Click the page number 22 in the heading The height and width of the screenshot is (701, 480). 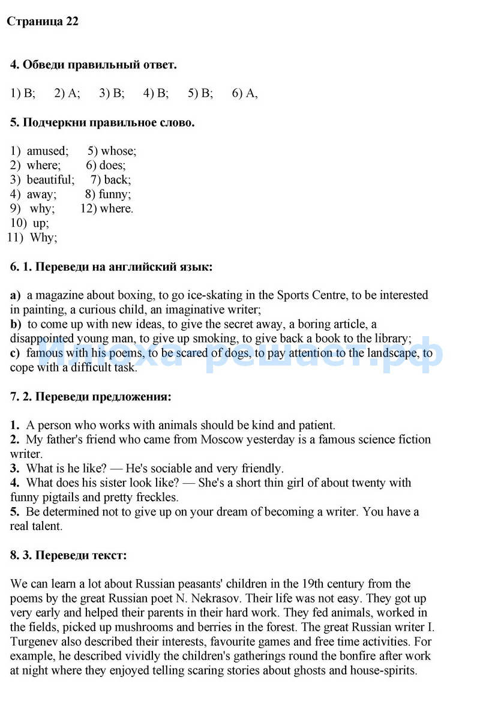coord(71,22)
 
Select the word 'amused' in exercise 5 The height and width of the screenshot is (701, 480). coord(47,151)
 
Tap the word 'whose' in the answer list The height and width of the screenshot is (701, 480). coord(118,151)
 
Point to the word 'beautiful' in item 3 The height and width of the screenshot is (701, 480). coord(50,180)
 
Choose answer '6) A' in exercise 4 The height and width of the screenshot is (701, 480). coord(244,93)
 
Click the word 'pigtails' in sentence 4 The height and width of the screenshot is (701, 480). coord(70,498)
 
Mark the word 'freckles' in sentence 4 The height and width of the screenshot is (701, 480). coord(154,498)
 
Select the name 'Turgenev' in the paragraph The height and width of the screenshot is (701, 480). coord(32,642)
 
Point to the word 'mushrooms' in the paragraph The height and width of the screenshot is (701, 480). coord(135,627)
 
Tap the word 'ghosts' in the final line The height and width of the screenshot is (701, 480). coord(309,670)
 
